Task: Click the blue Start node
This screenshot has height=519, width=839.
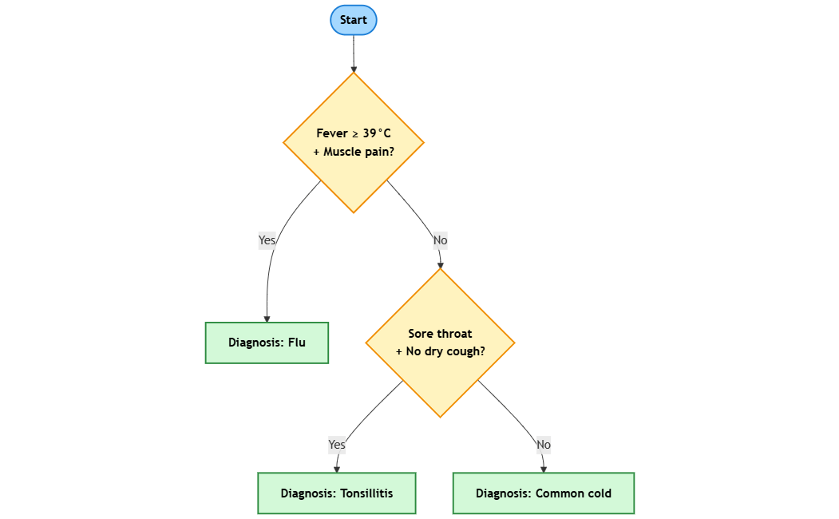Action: (353, 20)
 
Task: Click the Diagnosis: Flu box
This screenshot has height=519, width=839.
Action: (267, 343)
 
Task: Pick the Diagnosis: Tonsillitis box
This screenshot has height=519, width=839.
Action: (336, 493)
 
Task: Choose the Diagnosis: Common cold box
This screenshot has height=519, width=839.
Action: (543, 493)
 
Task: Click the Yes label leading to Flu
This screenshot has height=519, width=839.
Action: (267, 240)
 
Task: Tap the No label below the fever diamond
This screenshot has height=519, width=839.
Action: (440, 240)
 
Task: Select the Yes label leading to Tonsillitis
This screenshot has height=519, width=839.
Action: (337, 444)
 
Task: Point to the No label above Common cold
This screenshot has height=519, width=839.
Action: (544, 444)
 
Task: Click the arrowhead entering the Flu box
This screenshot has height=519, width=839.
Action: (267, 319)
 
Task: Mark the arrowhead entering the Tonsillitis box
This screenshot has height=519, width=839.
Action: (337, 469)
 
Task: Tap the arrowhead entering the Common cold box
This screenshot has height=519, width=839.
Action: (544, 469)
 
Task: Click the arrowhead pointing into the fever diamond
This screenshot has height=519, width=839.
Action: (354, 69)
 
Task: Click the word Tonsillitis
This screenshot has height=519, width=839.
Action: (366, 493)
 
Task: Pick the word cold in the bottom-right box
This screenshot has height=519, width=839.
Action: (599, 493)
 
